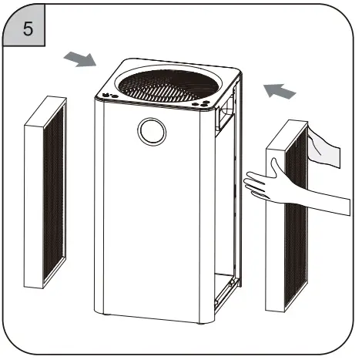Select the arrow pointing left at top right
[279, 91]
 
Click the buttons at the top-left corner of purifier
[109, 96]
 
